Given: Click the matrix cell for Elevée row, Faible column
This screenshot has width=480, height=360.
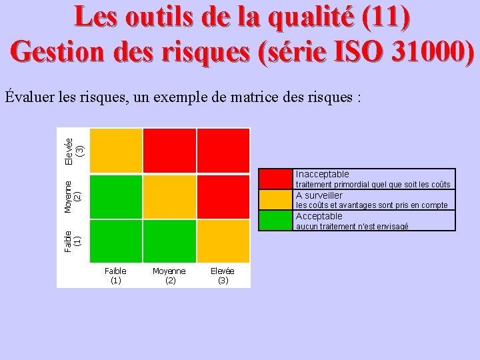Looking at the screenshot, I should tap(115, 151).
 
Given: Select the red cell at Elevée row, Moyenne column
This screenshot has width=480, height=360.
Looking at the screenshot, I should tap(169, 151).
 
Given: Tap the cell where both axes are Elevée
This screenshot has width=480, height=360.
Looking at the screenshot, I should tap(223, 151).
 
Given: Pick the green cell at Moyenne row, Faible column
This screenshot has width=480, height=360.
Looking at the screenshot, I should tap(115, 197).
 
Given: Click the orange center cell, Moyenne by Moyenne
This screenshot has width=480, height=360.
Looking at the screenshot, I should tap(169, 197).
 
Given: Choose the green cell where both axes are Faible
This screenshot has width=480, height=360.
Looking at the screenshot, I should tap(115, 241).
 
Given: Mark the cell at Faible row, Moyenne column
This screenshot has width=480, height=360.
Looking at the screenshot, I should tap(169, 241).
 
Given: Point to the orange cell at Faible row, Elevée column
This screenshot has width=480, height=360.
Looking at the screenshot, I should tap(223, 241).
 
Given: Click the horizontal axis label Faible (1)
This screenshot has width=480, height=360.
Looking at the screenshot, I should tap(115, 276).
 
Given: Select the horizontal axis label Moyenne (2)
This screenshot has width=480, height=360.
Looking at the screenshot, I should tap(169, 276).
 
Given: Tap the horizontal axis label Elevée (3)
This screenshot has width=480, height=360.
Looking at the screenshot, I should tap(223, 276).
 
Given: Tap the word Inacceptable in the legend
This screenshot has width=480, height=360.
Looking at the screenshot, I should tap(322, 174).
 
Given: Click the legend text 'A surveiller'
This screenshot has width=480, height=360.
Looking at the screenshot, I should tap(319, 195).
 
